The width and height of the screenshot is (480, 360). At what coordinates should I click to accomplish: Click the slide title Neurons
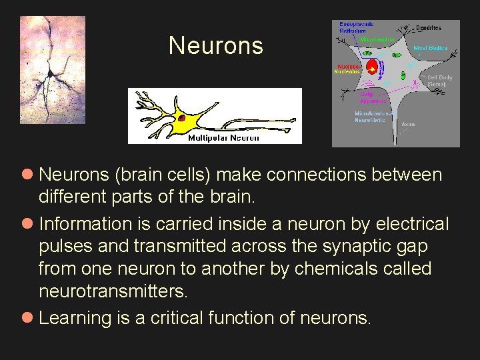[x=216, y=46]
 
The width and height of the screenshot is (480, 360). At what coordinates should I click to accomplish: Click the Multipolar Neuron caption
[x=223, y=138]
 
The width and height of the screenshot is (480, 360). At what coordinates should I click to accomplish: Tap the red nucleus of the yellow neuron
[x=181, y=119]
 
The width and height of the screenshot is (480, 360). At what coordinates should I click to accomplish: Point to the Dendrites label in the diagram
[x=428, y=28]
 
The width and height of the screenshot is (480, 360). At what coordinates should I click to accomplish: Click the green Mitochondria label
[x=377, y=40]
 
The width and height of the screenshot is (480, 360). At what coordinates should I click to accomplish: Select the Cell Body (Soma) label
[x=439, y=81]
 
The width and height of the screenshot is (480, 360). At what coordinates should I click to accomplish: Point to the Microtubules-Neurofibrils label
[x=370, y=117]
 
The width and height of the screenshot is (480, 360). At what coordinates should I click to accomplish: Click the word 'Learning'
[x=75, y=318]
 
